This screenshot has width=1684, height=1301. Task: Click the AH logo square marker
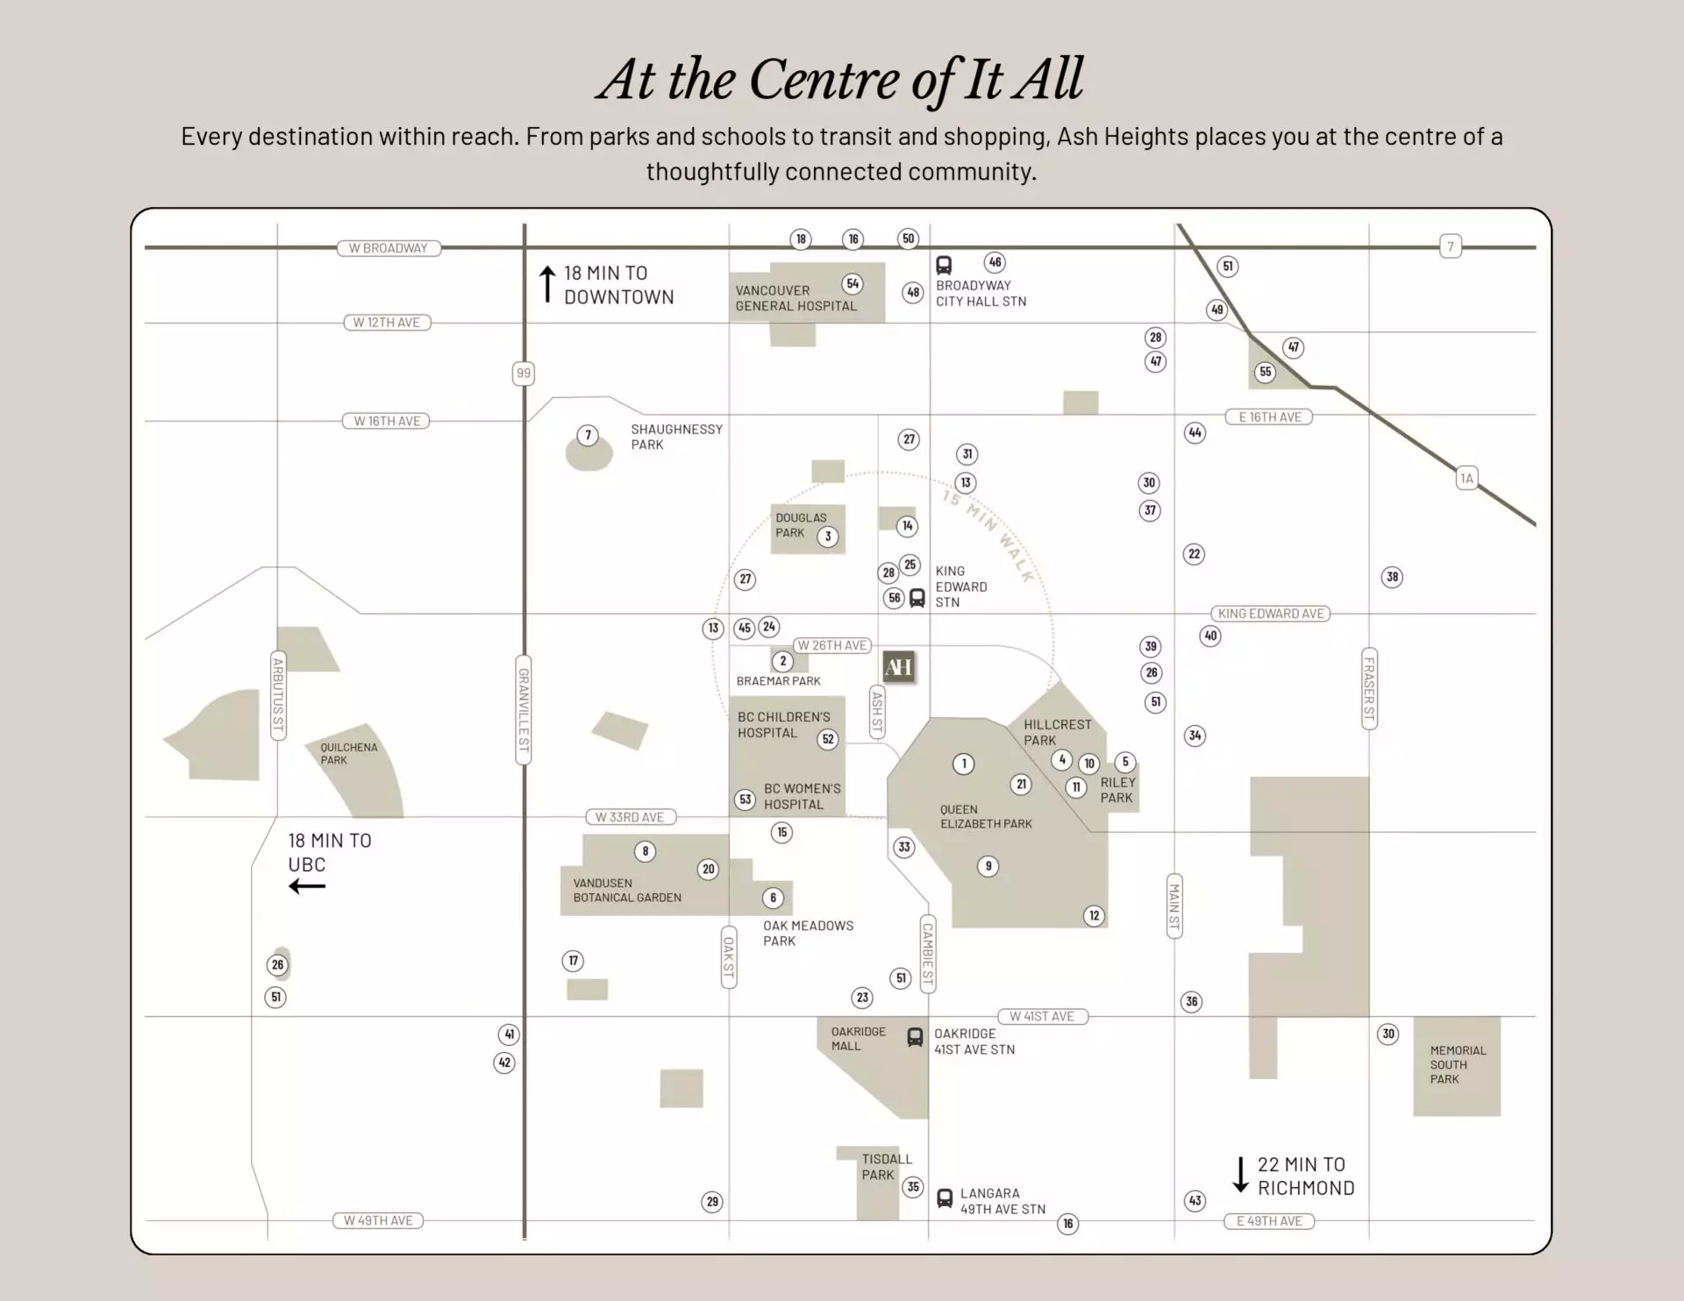(x=899, y=667)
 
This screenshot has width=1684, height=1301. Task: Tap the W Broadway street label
(x=389, y=248)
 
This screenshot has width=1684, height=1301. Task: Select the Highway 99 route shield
(x=524, y=373)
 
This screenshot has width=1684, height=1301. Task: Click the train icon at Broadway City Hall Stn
(x=944, y=265)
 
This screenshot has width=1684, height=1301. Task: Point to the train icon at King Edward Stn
(x=917, y=598)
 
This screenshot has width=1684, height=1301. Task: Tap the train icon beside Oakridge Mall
(x=915, y=1037)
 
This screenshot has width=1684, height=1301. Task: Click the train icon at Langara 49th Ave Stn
(x=945, y=1198)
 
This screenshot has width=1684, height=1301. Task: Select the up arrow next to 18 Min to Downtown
(x=547, y=285)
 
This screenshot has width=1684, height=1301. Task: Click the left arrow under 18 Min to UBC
(x=307, y=886)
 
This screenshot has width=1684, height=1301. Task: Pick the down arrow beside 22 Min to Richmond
(x=1240, y=1175)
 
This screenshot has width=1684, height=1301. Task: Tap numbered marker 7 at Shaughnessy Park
(x=589, y=435)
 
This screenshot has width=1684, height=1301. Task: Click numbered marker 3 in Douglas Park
(x=828, y=537)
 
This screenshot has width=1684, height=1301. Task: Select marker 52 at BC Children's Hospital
(x=828, y=739)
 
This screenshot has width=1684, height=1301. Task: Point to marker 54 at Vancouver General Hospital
(x=853, y=284)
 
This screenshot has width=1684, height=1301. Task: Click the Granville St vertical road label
(x=524, y=709)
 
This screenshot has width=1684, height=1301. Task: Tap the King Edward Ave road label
(x=1271, y=614)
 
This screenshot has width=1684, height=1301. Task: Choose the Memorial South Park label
(x=1458, y=1064)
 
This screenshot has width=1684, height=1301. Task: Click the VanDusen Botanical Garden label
(x=627, y=890)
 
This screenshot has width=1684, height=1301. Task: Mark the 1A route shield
(x=1466, y=479)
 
